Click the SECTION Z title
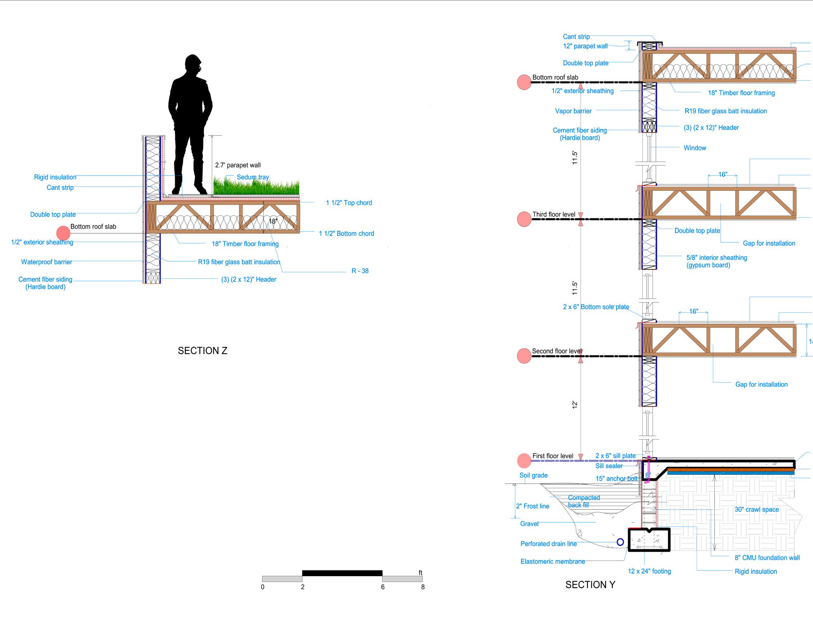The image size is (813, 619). click(x=202, y=350)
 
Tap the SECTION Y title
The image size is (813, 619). click(x=590, y=585)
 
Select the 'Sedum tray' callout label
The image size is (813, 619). click(x=253, y=177)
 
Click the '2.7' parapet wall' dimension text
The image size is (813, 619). click(x=238, y=165)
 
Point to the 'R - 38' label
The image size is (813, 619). click(x=360, y=271)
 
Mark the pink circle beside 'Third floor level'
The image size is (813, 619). click(x=524, y=219)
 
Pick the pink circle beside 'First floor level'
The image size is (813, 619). click(x=524, y=461)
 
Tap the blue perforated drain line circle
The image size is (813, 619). click(x=620, y=542)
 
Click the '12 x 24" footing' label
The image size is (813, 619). click(x=649, y=571)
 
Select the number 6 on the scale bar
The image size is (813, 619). click(x=382, y=587)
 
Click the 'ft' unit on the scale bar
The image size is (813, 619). click(x=420, y=572)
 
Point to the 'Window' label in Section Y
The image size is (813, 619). click(x=695, y=148)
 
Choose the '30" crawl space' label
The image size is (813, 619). click(x=757, y=510)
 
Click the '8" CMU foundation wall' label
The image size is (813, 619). click(x=767, y=558)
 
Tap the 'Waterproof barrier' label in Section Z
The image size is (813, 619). click(x=47, y=262)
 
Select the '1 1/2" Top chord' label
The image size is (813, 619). click(x=349, y=203)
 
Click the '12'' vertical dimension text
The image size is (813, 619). click(x=575, y=405)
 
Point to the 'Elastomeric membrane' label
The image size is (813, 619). click(x=552, y=562)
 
